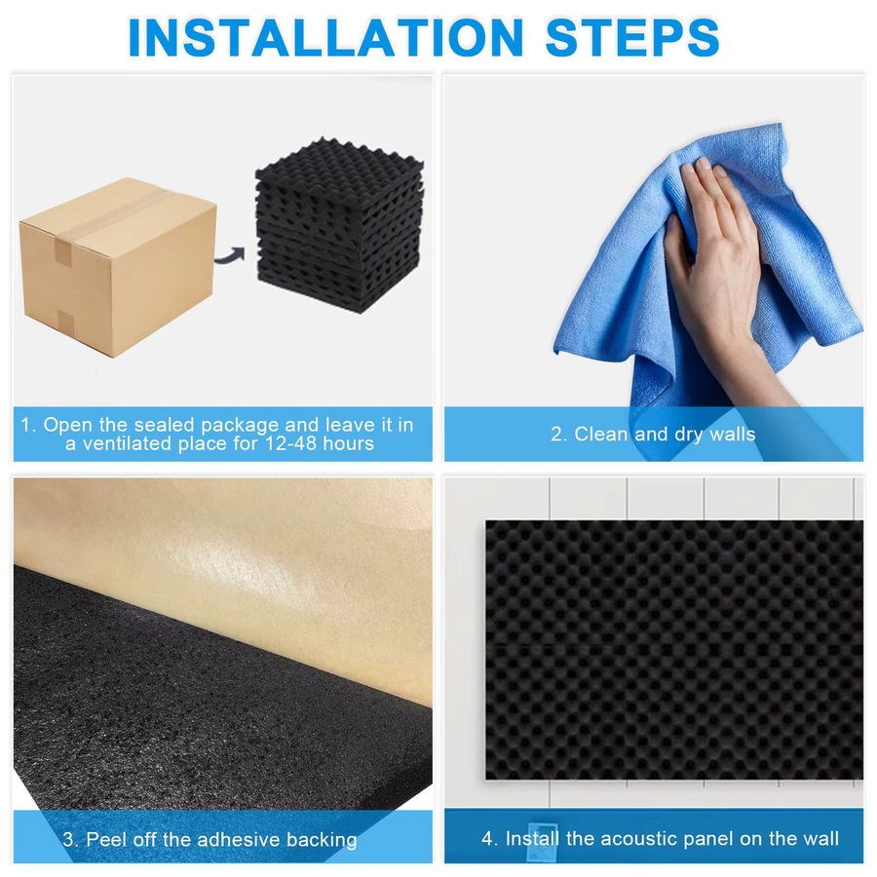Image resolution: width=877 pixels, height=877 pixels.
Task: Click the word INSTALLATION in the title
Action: [325, 37]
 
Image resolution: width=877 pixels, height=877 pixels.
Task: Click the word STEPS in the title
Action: [632, 37]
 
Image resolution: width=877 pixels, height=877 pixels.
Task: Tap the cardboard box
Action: [118, 266]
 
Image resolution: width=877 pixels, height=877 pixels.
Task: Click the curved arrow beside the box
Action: [230, 255]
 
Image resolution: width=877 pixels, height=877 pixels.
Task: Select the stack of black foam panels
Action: [339, 225]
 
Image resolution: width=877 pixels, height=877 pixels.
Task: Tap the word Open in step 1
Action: [68, 425]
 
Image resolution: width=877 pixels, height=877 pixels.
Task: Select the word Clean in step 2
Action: [600, 434]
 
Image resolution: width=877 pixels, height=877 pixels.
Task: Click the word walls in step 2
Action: [732, 434]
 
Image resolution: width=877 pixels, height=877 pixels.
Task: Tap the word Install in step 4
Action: [532, 838]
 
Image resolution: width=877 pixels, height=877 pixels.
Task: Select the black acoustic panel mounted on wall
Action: [674, 650]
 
